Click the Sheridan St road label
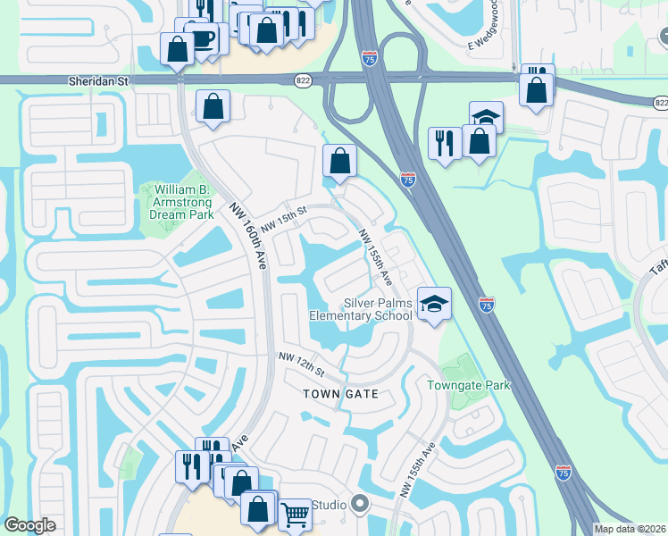pos(99,80)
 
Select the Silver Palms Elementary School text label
pos(361,309)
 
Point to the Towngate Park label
pos(468,385)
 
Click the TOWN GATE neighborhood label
pos(340,394)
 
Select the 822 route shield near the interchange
pos(304,80)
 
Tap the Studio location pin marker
pos(360,506)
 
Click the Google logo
pos(30,524)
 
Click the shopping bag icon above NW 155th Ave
pos(340,161)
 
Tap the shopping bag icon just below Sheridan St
pos(214,106)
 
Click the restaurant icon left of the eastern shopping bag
pos(444,143)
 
